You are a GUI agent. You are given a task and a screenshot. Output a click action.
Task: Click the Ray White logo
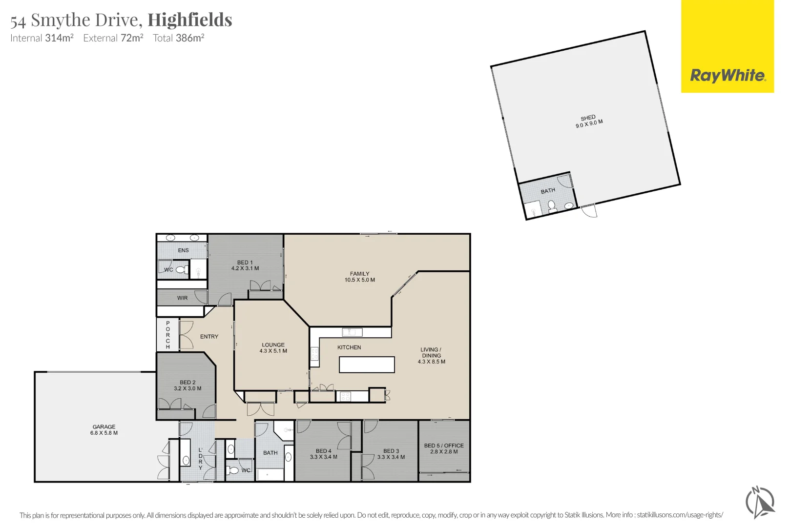click(728, 76)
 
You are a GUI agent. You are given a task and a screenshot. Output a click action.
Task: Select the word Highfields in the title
click(190, 20)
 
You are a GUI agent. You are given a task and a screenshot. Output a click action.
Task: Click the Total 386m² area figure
click(178, 38)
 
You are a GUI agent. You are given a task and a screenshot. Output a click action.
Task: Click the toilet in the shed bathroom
click(552, 207)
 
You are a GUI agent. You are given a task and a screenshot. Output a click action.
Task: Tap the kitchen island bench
click(367, 365)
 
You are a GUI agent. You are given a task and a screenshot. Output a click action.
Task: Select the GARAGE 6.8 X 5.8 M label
click(104, 430)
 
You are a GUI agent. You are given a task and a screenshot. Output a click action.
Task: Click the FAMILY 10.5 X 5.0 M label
click(360, 277)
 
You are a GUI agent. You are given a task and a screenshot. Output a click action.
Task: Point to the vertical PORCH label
click(168, 335)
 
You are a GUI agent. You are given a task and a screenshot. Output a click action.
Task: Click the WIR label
click(182, 298)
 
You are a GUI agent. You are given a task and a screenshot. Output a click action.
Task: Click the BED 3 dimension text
click(391, 457)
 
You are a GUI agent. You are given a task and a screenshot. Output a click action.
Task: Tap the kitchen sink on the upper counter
click(352, 332)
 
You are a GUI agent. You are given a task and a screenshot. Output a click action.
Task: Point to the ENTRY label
click(209, 337)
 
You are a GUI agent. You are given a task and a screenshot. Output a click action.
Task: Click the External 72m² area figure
click(113, 38)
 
